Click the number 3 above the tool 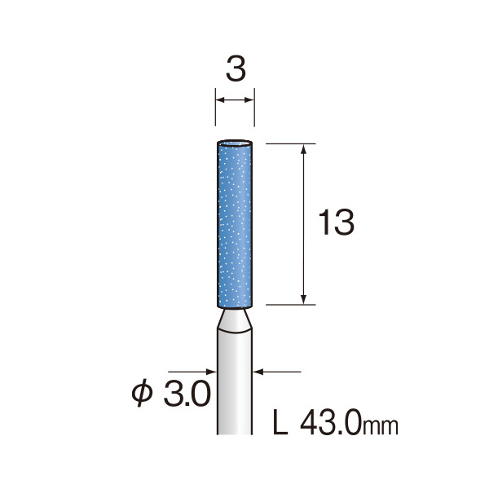coord(236,69)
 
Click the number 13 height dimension coord(336,222)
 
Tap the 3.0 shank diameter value coord(187,394)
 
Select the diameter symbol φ coord(142,394)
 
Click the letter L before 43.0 coord(280,422)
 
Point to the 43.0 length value coord(331,423)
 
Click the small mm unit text coord(381,426)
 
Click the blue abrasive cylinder coord(235,224)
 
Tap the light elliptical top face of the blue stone coord(235,143)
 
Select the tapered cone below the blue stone coord(235,320)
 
